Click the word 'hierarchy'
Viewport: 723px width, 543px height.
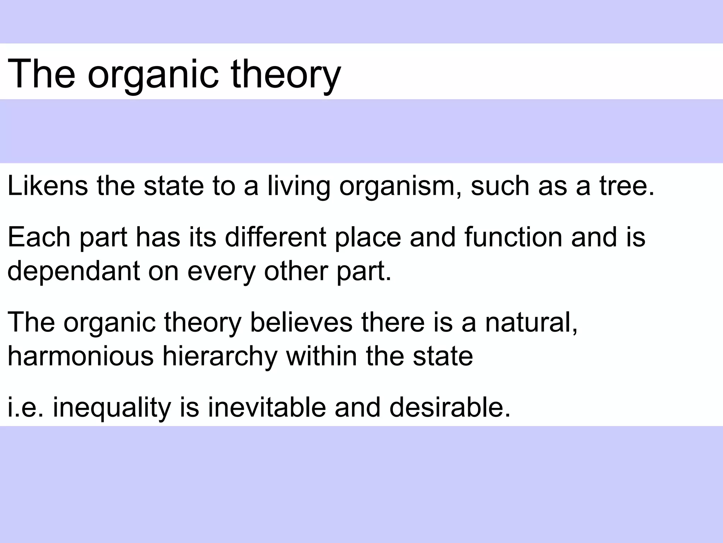tap(220, 356)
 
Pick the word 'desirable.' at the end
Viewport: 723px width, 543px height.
tap(450, 407)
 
